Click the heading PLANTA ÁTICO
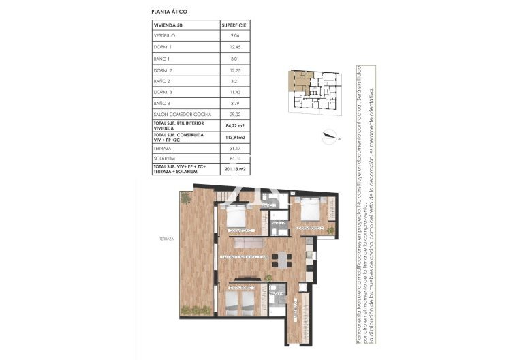click(x=169, y=12)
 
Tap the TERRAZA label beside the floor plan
click(x=167, y=239)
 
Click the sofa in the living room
click(x=249, y=243)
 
